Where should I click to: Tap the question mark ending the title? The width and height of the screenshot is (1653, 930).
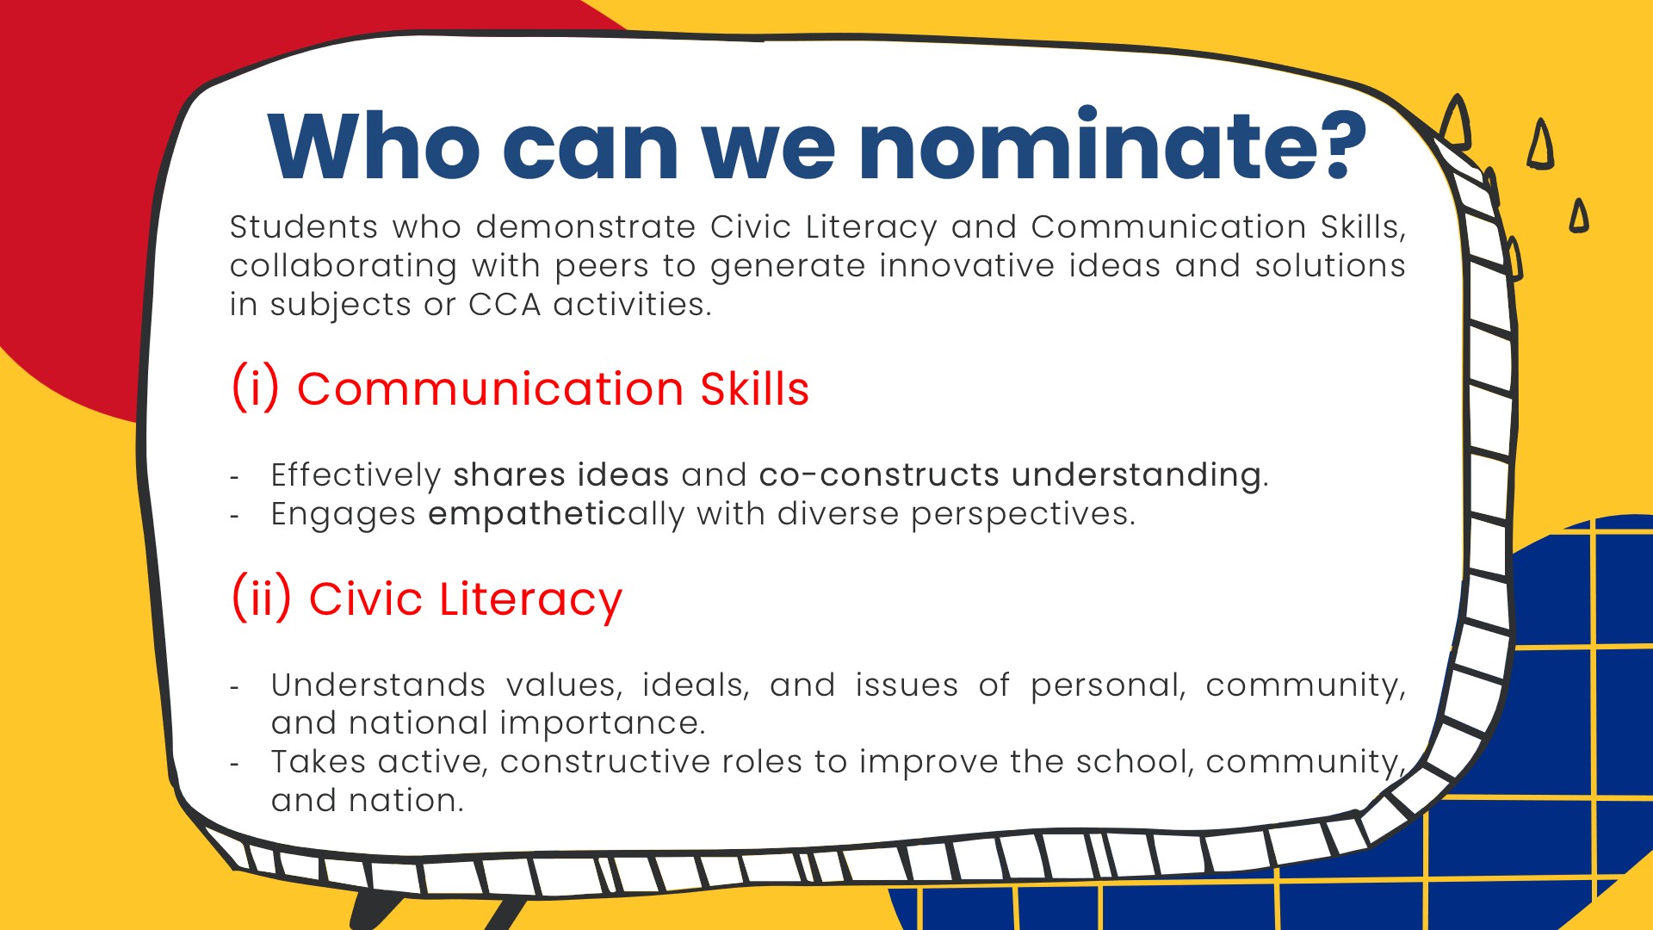(x=1335, y=145)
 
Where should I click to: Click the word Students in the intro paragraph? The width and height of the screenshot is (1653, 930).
(x=304, y=227)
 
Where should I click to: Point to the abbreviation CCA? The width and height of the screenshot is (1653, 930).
(x=505, y=305)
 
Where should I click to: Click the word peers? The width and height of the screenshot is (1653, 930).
(x=602, y=267)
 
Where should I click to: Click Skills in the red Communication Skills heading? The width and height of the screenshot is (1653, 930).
(x=755, y=388)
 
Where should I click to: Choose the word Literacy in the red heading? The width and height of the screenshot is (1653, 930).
(x=530, y=600)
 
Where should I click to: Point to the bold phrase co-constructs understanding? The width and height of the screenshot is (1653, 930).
(x=1011, y=475)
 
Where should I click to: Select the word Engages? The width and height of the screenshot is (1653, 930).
(x=344, y=515)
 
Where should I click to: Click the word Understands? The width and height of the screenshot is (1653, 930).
(x=378, y=685)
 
